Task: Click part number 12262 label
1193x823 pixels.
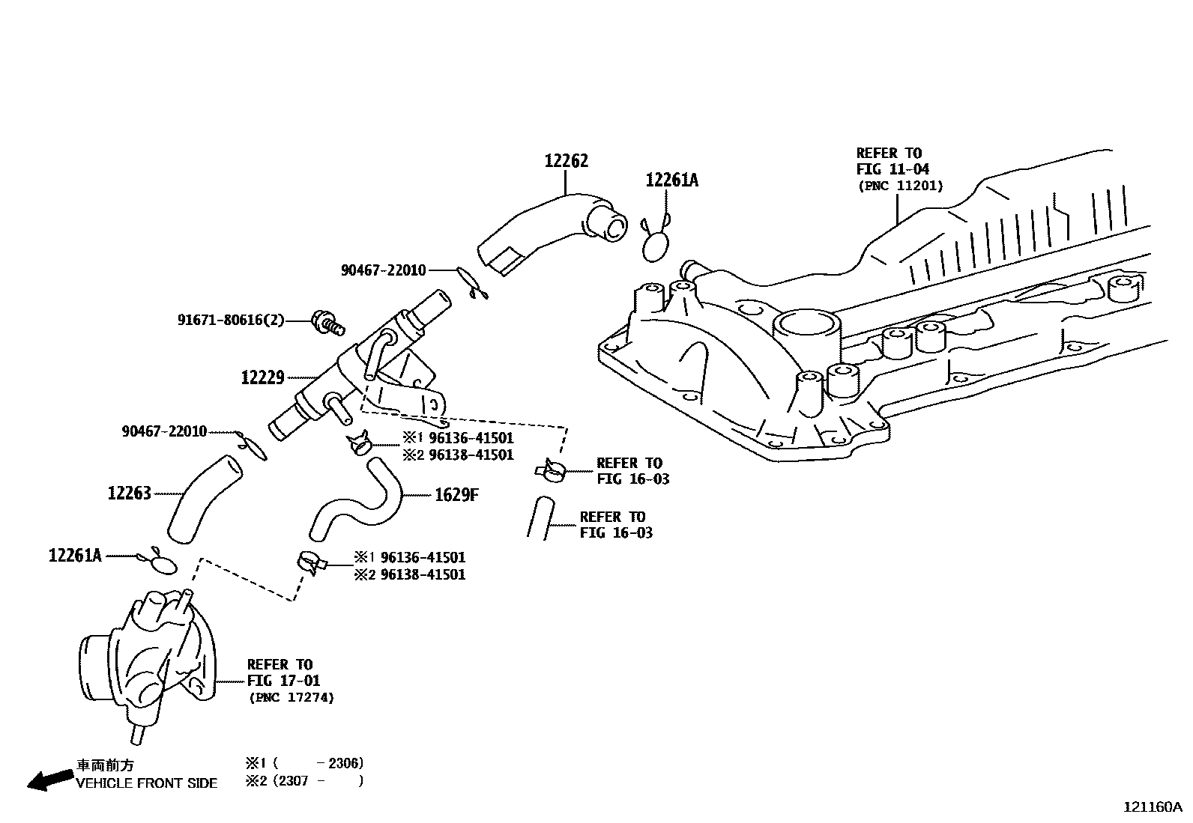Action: (566, 161)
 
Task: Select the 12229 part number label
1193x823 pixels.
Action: (262, 377)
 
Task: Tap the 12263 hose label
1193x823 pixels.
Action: (129, 493)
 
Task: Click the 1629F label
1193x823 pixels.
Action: (456, 495)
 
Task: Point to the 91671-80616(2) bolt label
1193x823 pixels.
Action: (231, 320)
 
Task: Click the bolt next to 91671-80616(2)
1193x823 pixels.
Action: (327, 323)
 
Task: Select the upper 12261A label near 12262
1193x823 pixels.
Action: (671, 180)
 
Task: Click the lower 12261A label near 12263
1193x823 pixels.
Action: (75, 555)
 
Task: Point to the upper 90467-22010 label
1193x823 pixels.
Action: (383, 270)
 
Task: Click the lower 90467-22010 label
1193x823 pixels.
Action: (164, 431)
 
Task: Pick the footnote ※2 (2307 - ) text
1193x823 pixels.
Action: (303, 780)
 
